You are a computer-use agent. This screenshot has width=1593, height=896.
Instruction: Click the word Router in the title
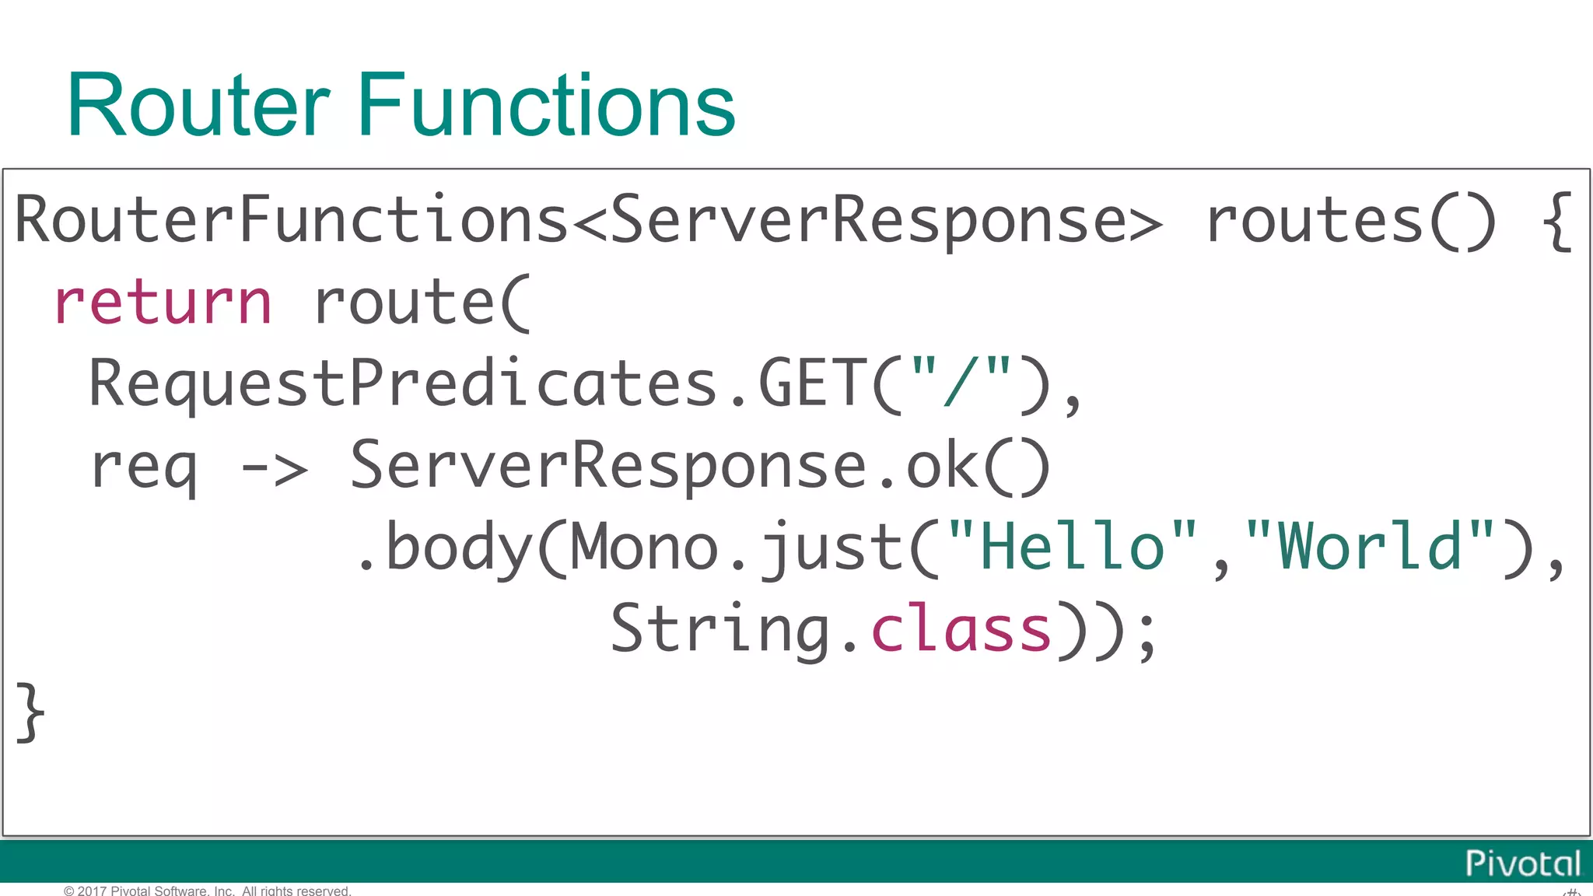(x=198, y=105)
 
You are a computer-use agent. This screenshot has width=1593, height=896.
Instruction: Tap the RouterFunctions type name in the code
(x=292, y=220)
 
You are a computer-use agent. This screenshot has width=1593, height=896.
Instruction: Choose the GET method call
(x=812, y=383)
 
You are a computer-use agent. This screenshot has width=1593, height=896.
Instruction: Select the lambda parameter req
(x=144, y=467)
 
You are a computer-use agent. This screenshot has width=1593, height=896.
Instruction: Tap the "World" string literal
(x=1369, y=547)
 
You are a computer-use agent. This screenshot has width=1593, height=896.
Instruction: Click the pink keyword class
(x=961, y=629)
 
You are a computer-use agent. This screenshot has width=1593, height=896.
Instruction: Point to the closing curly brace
(x=30, y=712)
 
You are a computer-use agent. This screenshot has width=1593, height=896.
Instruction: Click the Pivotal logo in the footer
(x=1522, y=863)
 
